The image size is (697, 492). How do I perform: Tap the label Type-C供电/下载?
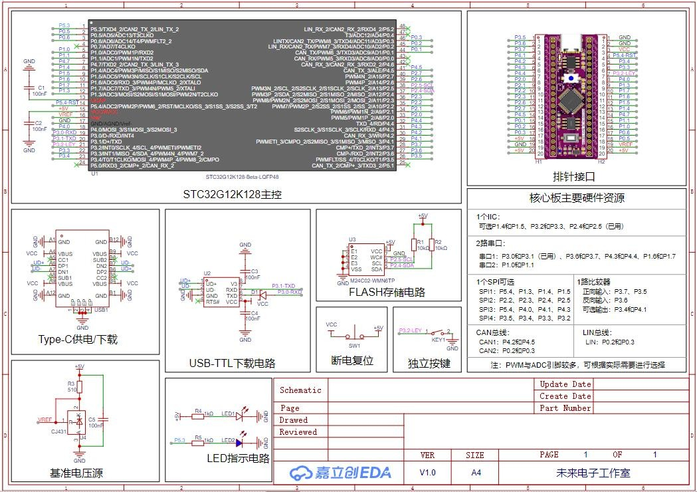(x=78, y=339)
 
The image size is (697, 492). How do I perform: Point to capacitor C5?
(x=102, y=420)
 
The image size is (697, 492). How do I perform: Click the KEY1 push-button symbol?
(x=439, y=332)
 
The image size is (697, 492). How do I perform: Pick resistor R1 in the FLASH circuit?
(x=417, y=245)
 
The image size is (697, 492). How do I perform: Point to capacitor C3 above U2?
(x=245, y=272)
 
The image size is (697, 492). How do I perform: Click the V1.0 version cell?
(x=429, y=473)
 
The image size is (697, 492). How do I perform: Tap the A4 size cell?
(x=476, y=473)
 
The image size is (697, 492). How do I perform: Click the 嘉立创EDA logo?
(x=340, y=473)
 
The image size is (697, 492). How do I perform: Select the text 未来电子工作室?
(x=593, y=473)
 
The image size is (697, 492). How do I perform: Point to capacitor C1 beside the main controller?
(x=29, y=88)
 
